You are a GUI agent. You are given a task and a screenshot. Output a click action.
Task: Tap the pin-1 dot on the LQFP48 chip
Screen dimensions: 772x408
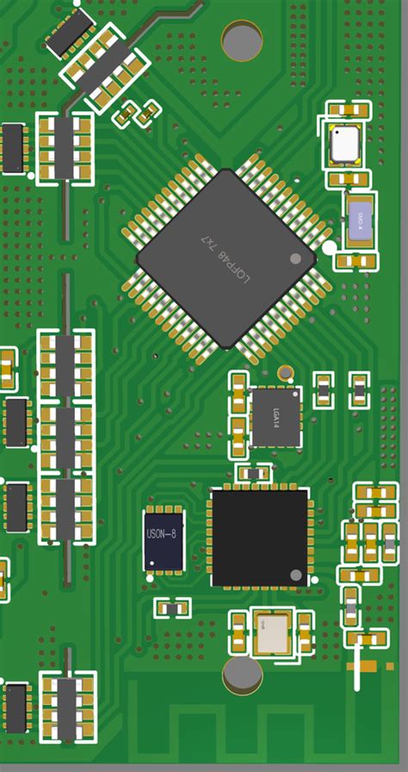[295, 258]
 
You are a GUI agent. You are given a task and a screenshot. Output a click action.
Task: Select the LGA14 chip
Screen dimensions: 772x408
[275, 416]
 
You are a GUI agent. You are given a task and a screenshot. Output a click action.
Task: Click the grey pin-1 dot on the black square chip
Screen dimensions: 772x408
[295, 575]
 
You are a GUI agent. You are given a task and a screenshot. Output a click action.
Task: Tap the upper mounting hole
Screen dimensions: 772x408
[242, 40]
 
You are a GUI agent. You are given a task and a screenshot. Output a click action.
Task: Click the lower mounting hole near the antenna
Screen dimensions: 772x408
[242, 675]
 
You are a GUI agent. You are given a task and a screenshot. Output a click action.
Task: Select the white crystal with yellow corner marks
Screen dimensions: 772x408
[344, 144]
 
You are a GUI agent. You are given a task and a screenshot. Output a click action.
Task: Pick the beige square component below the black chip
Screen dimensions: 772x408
[271, 632]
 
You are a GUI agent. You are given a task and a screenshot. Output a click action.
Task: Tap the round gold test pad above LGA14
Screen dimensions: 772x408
[285, 373]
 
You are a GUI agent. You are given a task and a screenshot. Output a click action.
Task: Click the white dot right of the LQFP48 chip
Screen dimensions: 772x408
[329, 248]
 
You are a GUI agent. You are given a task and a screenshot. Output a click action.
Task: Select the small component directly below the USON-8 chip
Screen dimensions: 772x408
[172, 607]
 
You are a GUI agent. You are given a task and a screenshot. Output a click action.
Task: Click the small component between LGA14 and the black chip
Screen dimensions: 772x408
[253, 473]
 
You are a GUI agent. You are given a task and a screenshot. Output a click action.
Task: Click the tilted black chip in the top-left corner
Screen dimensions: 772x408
[69, 32]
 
